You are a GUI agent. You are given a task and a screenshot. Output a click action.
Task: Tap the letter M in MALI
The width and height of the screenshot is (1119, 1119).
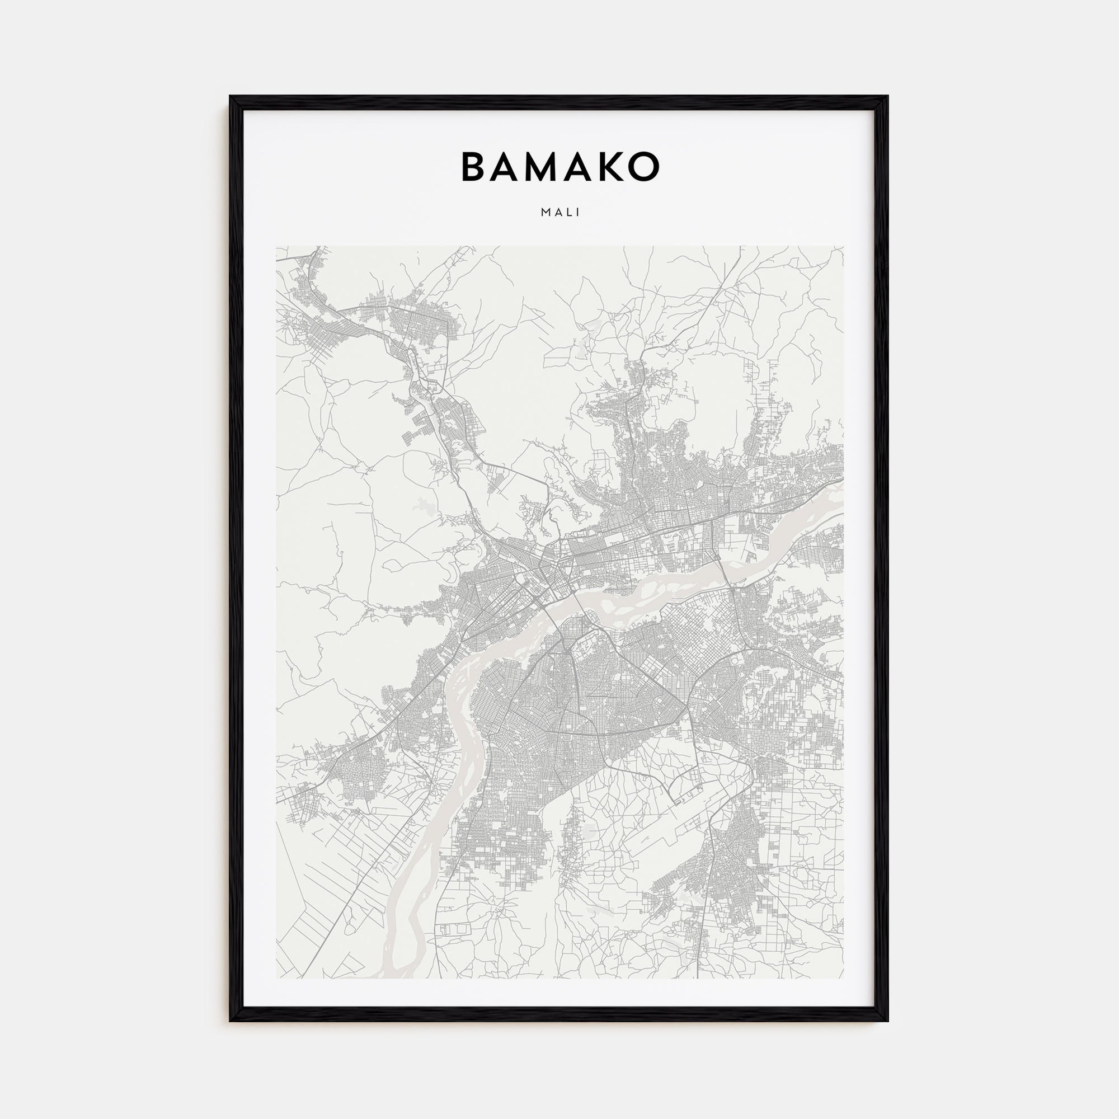pos(545,213)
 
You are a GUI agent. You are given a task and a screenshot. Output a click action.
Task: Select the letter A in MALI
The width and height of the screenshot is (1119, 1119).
pos(557,213)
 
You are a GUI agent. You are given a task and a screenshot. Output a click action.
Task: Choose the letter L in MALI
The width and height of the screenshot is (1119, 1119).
pos(568,213)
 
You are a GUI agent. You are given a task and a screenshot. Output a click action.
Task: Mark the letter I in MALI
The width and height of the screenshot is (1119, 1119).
pos(577,213)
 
